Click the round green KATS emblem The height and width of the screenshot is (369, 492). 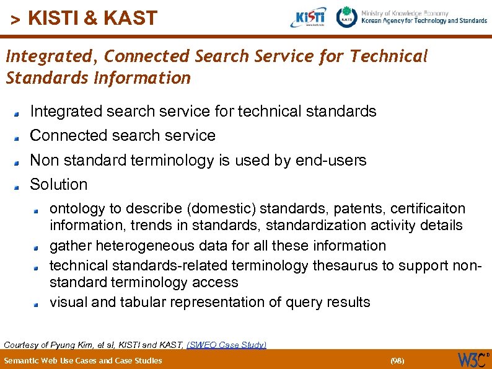click(347, 17)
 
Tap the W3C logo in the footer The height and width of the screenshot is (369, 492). click(472, 360)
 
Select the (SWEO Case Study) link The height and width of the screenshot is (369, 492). click(226, 344)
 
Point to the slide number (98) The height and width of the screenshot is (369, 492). click(397, 360)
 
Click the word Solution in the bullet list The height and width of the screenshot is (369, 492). click(59, 184)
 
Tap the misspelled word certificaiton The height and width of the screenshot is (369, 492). click(428, 208)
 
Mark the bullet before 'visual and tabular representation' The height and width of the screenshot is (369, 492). click(37, 304)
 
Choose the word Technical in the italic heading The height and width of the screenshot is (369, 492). click(389, 56)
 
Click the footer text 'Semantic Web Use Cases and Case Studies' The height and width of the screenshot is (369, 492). click(83, 360)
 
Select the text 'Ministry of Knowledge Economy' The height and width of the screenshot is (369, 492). click(413, 12)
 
